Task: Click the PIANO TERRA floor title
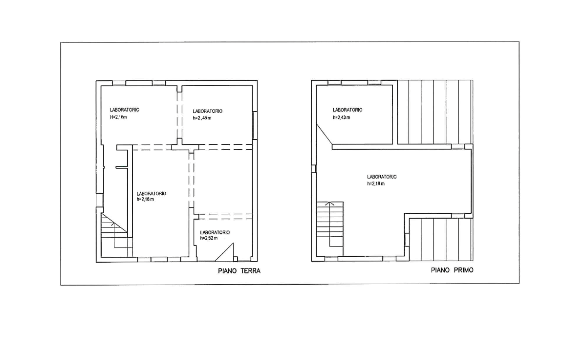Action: pyautogui.click(x=239, y=271)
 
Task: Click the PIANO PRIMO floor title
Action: pyautogui.click(x=452, y=270)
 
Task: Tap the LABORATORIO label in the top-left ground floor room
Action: pyautogui.click(x=124, y=111)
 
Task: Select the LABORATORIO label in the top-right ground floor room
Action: pyautogui.click(x=208, y=111)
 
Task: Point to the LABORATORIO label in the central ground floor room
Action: pyautogui.click(x=152, y=193)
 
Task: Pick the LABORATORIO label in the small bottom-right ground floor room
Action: pyautogui.click(x=215, y=232)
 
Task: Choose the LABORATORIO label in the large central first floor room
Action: pyautogui.click(x=382, y=176)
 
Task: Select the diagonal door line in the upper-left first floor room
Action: pyautogui.click(x=323, y=134)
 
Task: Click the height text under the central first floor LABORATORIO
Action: pyautogui.click(x=376, y=184)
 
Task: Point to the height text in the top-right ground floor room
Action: pyautogui.click(x=202, y=118)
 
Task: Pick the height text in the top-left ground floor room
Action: pyautogui.click(x=118, y=117)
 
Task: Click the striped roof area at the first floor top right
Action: pyautogui.click(x=434, y=112)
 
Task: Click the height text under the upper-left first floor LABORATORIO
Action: pyautogui.click(x=341, y=117)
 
